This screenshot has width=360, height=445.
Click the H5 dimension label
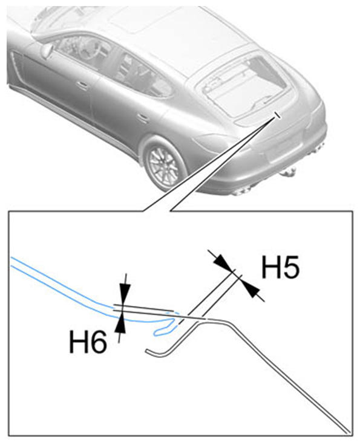[280, 267]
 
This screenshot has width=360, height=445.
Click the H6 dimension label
[88, 342]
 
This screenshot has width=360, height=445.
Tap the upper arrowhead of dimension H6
[125, 295]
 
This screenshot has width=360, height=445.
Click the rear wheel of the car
[164, 164]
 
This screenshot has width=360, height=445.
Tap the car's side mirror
[47, 50]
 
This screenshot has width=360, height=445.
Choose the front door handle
[82, 85]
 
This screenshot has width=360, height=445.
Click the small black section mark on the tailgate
[277, 115]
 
